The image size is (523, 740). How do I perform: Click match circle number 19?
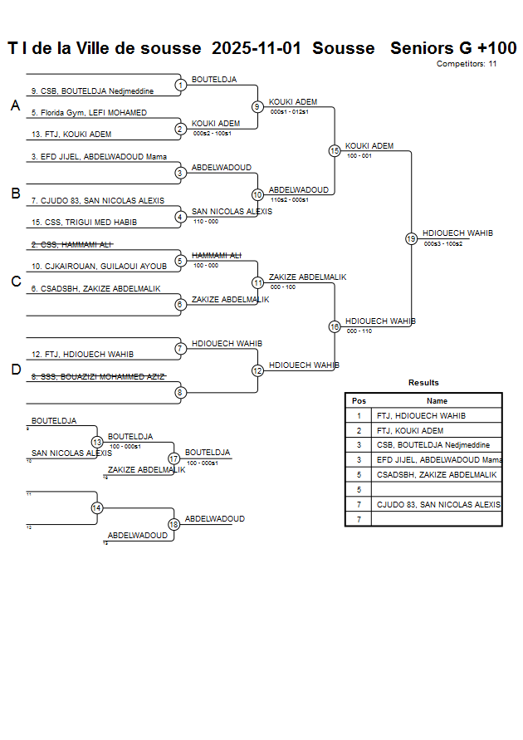pyautogui.click(x=411, y=238)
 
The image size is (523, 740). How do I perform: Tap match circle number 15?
pyautogui.click(x=335, y=151)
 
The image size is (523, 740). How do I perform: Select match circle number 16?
pyautogui.click(x=335, y=326)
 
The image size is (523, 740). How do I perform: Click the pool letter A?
pyautogui.click(x=15, y=106)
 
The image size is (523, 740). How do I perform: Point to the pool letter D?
pyautogui.click(x=15, y=370)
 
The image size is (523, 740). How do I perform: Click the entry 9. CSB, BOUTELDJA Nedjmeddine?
pyautogui.click(x=92, y=91)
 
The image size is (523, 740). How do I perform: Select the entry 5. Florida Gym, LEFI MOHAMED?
pyautogui.click(x=89, y=113)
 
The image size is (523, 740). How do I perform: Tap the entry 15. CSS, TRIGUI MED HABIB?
pyautogui.click(x=84, y=223)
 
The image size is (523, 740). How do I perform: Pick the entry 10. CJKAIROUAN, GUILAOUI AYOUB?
pyautogui.click(x=99, y=267)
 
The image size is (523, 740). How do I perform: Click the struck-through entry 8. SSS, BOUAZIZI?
pyautogui.click(x=98, y=377)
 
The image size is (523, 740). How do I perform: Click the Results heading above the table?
pyautogui.click(x=423, y=383)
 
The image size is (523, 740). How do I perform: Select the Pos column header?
pyautogui.click(x=359, y=400)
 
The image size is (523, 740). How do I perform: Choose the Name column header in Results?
pyautogui.click(x=437, y=400)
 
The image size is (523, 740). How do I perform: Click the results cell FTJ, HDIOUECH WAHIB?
pyautogui.click(x=421, y=416)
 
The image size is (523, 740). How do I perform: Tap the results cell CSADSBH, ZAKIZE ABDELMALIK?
pyautogui.click(x=437, y=475)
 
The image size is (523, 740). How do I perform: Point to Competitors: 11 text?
pyautogui.click(x=467, y=64)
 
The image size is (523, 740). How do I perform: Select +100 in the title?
pyautogui.click(x=496, y=48)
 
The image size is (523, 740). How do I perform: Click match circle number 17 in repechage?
pyautogui.click(x=174, y=458)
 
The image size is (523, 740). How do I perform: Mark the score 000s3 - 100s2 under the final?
pyautogui.click(x=442, y=244)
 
